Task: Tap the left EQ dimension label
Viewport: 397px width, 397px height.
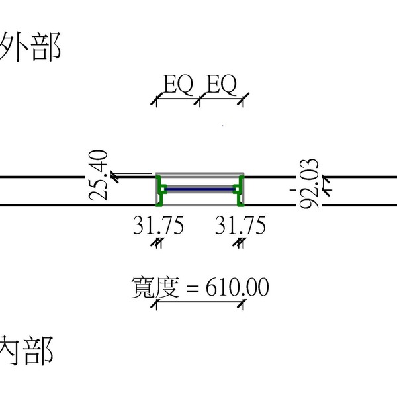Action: (178, 85)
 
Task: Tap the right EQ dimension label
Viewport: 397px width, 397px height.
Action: (222, 85)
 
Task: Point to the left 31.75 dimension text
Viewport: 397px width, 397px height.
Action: (157, 226)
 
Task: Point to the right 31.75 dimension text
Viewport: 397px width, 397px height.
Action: (241, 226)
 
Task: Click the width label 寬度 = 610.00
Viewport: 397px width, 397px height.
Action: (200, 288)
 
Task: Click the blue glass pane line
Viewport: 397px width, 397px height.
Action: (200, 189)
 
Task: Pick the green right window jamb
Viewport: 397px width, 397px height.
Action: (240, 191)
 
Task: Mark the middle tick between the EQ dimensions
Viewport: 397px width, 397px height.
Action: (199, 101)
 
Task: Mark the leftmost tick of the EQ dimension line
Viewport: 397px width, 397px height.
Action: (157, 101)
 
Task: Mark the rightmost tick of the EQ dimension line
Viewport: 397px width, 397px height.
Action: (243, 101)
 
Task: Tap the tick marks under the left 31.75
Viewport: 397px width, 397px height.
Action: (157, 243)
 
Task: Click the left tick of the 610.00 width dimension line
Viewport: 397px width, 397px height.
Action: (157, 304)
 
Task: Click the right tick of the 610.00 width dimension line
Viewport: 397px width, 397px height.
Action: (243, 304)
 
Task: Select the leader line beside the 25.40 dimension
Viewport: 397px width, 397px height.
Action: (132, 175)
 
